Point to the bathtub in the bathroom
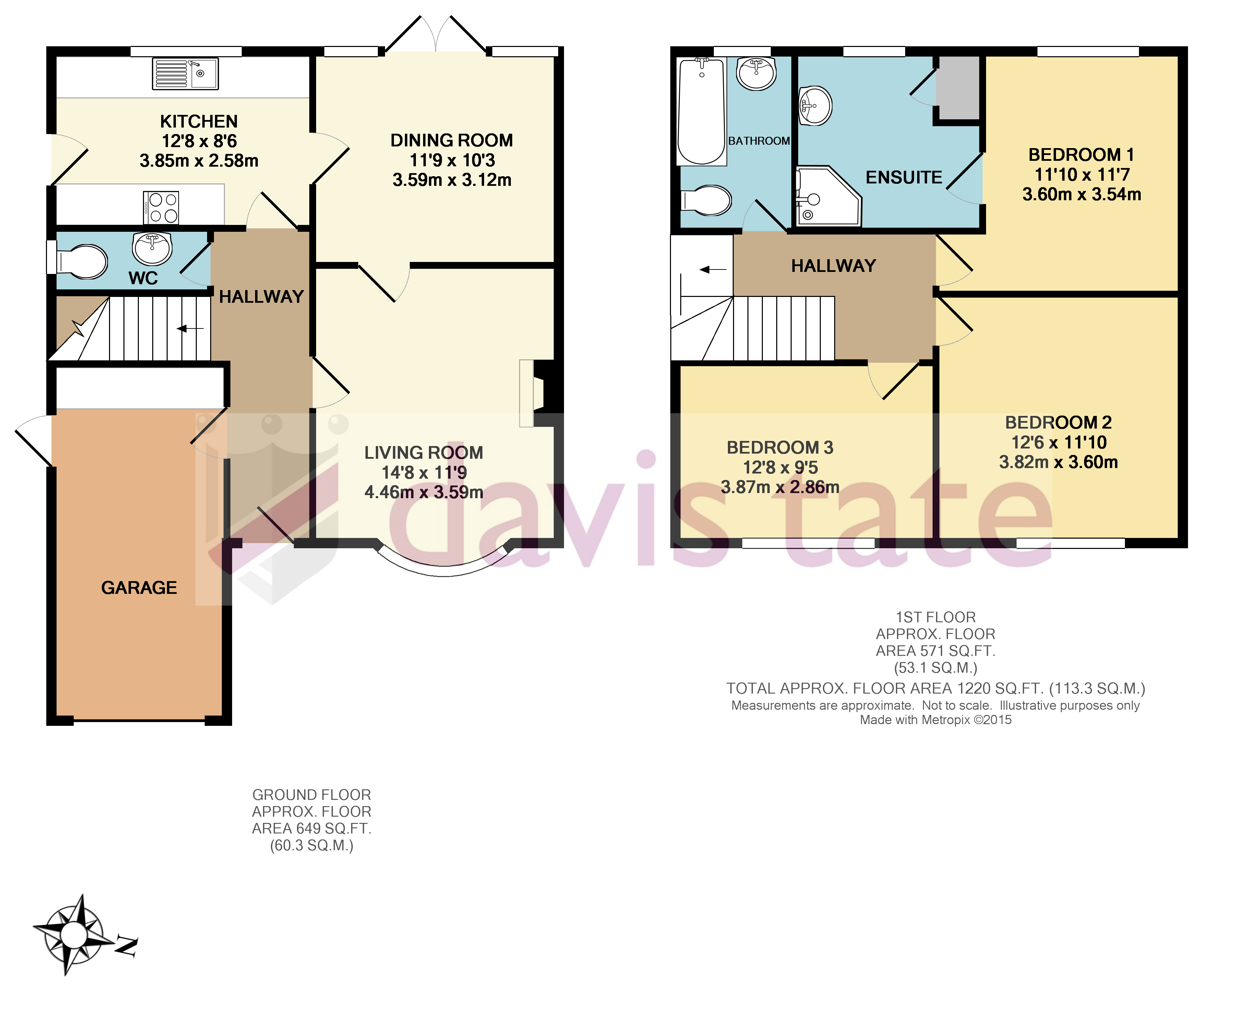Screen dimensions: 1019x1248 [x=701, y=111]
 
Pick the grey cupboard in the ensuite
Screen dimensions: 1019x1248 [x=957, y=88]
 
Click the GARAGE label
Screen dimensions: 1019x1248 [x=139, y=588]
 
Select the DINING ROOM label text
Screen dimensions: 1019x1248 [x=452, y=140]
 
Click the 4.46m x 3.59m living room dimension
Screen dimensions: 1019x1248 [x=424, y=492]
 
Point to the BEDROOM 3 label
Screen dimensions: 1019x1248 [x=780, y=447]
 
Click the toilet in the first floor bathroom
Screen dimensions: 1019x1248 [x=706, y=201]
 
